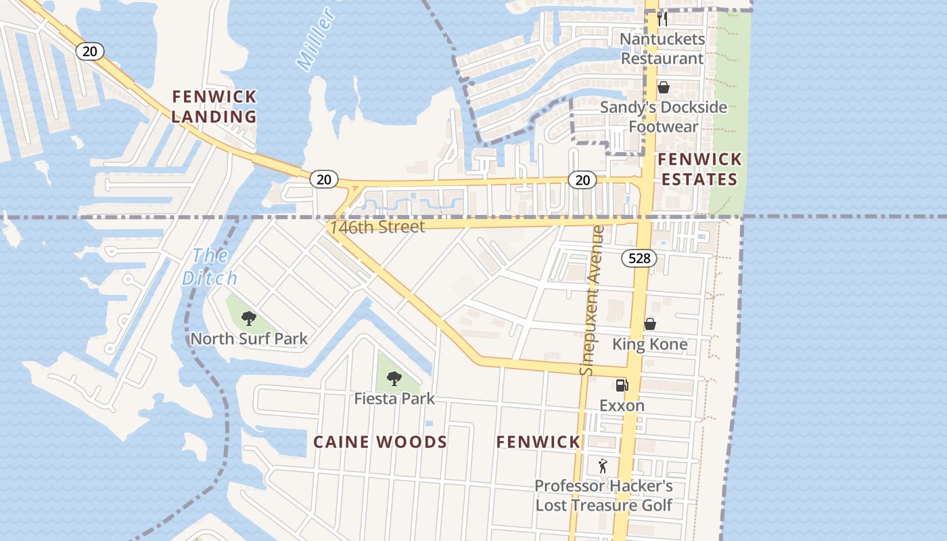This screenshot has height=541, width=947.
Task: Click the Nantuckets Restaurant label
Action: tap(662, 49)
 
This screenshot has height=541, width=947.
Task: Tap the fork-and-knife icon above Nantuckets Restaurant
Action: tap(662, 19)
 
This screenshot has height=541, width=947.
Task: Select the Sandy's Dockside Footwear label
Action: tap(663, 117)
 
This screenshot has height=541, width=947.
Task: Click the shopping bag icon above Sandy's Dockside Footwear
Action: tap(663, 87)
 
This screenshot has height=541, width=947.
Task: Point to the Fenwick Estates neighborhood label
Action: tap(699, 169)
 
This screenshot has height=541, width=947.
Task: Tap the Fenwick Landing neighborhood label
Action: tap(214, 106)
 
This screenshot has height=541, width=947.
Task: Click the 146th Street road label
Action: tap(377, 227)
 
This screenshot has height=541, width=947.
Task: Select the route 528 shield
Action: tap(639, 258)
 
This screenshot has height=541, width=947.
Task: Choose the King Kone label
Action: tap(649, 344)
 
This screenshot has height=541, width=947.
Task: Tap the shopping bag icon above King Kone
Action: tap(649, 324)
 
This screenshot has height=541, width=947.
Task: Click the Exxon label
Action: tap(622, 406)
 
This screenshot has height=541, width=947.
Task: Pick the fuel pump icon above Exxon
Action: tap(622, 385)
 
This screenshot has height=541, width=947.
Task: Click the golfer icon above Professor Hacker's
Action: tap(603, 465)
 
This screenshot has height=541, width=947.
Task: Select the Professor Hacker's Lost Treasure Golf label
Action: tap(603, 496)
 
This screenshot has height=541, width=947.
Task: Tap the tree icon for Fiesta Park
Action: tap(394, 379)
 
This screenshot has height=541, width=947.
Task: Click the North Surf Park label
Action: tap(249, 339)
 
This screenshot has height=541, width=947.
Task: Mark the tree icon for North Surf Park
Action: tap(248, 319)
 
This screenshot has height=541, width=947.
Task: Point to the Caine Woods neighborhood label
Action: tap(379, 442)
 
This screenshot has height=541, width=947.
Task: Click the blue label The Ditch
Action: tap(210, 267)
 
